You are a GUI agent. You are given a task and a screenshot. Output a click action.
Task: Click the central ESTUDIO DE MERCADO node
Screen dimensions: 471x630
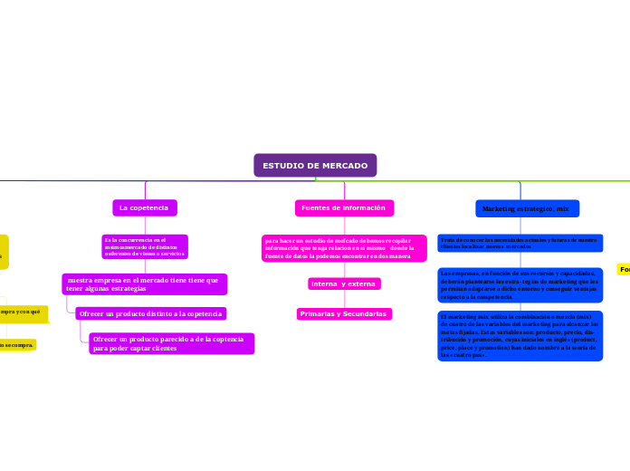[x=315, y=166]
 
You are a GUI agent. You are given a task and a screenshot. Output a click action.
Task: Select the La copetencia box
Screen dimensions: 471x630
[x=144, y=208]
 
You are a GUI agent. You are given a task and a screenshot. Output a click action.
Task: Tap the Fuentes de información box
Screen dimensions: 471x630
[x=343, y=208]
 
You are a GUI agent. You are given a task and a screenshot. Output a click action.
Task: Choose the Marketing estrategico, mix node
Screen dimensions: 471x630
[x=527, y=208]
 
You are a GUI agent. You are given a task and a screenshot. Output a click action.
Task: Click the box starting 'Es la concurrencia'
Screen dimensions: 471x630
[x=145, y=245]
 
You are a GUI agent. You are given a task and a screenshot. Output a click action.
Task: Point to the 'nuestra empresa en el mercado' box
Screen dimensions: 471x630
[x=145, y=284]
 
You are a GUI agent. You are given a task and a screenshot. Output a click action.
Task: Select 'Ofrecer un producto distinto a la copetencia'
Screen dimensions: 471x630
[x=150, y=313]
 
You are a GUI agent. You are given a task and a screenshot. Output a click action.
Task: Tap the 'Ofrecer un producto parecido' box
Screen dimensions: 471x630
[x=171, y=343]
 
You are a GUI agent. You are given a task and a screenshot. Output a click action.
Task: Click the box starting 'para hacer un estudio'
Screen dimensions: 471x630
[x=343, y=248]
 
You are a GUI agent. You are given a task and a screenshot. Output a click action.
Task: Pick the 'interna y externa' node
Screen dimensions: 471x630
[x=343, y=284]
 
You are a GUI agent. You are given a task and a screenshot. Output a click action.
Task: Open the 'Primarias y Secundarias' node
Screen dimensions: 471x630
[x=343, y=314]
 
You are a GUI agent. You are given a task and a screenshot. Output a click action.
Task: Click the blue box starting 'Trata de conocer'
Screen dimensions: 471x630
[x=520, y=243]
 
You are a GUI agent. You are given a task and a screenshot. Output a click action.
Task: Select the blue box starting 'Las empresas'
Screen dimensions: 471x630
[x=520, y=284]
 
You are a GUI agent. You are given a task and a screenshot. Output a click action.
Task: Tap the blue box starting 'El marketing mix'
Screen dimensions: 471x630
[x=520, y=335]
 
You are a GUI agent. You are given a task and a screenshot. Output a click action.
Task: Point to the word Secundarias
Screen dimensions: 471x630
[x=364, y=314]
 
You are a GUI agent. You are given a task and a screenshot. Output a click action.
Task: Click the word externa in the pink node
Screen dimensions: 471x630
[x=361, y=284]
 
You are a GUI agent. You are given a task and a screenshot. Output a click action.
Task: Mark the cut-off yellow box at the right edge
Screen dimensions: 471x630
[x=624, y=269]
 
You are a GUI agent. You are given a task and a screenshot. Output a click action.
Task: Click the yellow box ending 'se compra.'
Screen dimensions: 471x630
[x=17, y=345]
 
